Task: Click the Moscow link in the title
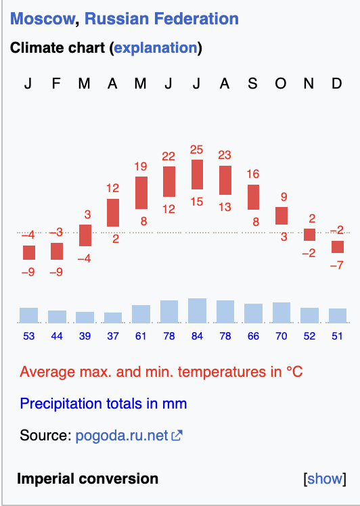point(43,19)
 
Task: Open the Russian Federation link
point(162,19)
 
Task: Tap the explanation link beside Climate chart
point(156,48)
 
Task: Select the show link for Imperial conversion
point(325,478)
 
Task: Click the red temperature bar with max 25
point(198,175)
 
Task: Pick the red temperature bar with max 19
point(141,193)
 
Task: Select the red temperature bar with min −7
point(338,247)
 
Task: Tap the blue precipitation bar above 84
point(198,310)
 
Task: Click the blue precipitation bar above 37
point(113,317)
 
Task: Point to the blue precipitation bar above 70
point(282,313)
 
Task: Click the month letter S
point(252,84)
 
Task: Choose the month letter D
point(337,84)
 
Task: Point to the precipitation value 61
point(141,336)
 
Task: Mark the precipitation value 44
point(57,336)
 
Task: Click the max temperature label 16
point(253,174)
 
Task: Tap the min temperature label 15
point(197,202)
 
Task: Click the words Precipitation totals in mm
point(104,404)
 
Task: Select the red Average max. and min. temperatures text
point(161,372)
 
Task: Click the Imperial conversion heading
point(87,478)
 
